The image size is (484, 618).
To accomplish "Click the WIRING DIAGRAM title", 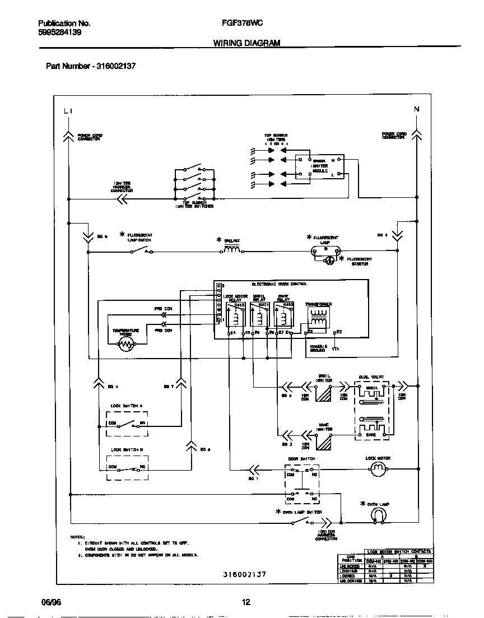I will coord(246,43).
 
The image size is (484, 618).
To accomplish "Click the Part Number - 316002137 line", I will coord(90,66).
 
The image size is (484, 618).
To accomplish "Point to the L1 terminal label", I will coord(68,110).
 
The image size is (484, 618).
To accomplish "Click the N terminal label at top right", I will coord(416,109).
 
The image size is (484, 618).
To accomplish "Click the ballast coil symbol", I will coord(232,251).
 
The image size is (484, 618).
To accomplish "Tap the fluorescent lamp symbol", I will coord(325,252).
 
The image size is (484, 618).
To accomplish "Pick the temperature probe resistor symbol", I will coord(127,344).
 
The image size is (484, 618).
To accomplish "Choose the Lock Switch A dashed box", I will coord(128,424).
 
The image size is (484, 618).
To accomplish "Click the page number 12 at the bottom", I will coord(245,602).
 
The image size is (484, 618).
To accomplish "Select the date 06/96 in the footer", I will coord(50,602).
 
